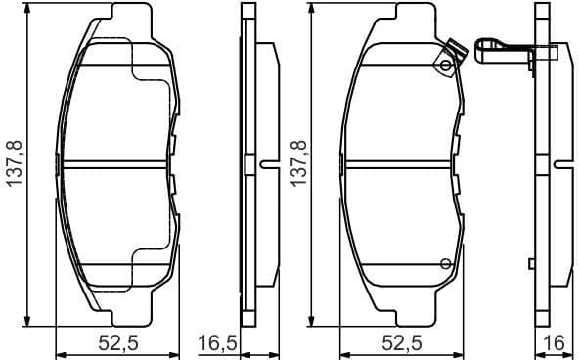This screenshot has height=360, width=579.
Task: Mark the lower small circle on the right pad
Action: [x=445, y=262]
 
